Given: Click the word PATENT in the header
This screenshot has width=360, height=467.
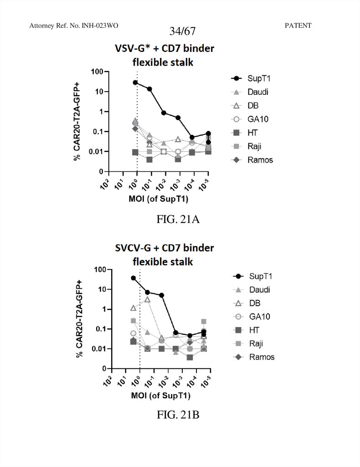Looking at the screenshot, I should point(298,26).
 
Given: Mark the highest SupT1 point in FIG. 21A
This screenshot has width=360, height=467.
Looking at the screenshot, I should point(135,83).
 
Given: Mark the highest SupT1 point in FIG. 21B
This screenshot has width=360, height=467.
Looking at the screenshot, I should point(134,278).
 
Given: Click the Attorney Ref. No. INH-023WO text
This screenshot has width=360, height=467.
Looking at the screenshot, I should point(74,26).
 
